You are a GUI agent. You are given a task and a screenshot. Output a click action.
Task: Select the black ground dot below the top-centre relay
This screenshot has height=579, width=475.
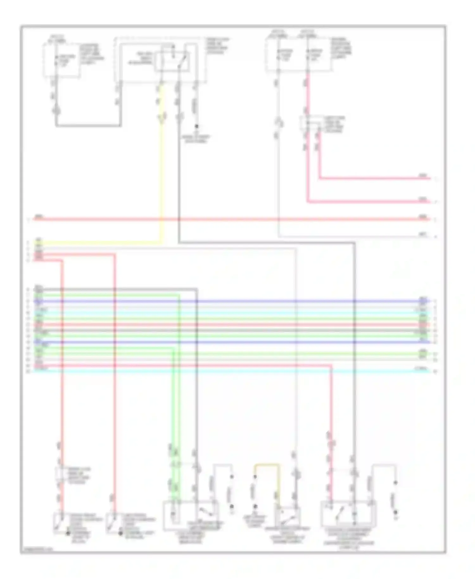click(196, 126)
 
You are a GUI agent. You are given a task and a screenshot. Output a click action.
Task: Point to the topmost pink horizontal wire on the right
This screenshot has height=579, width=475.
click(374, 178)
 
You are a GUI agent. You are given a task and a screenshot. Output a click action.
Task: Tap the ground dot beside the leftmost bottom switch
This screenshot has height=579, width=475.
click(68, 533)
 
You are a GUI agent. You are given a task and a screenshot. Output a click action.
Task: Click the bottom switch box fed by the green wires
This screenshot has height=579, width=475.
click(190, 514)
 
